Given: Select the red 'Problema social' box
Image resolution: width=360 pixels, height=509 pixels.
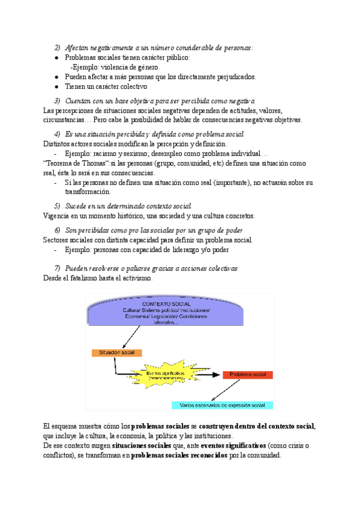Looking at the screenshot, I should (248, 375).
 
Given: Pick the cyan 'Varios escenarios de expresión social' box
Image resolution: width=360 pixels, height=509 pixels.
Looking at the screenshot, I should (222, 405).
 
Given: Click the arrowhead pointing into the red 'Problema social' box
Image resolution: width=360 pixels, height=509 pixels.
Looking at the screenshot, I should (218, 375).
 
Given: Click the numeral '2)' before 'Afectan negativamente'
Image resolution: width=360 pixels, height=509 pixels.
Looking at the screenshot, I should (58, 47).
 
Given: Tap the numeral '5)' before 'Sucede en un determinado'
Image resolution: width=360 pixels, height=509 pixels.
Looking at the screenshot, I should (58, 206).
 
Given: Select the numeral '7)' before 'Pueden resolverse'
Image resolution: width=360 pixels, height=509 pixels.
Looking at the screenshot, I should (58, 268).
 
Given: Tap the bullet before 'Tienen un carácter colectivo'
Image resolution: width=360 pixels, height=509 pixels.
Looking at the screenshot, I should (56, 86).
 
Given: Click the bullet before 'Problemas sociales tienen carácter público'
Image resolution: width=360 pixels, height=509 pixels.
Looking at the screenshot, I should (56, 58).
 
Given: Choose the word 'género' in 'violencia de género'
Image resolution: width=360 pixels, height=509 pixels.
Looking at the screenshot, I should (146, 67).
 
